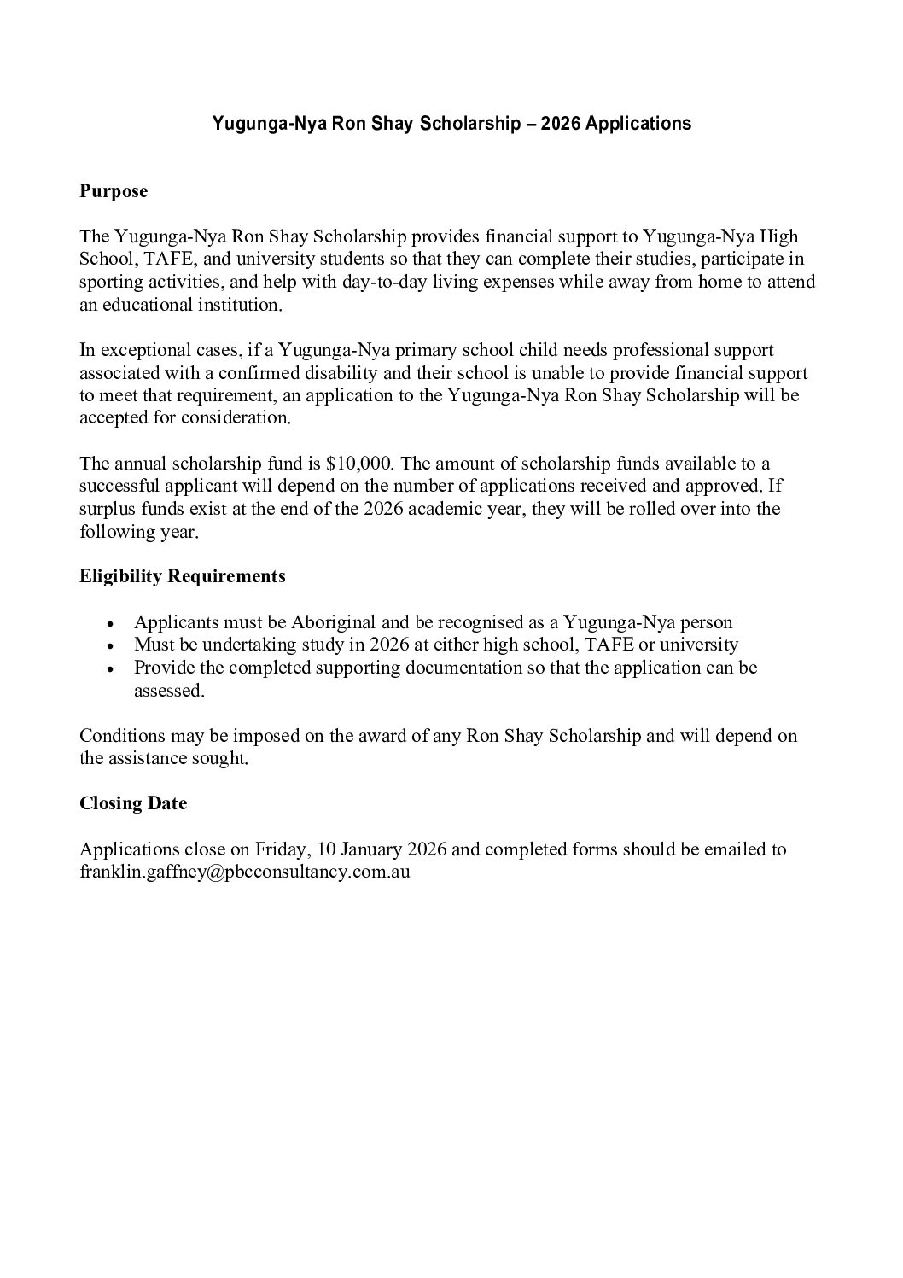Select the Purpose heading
click(x=114, y=191)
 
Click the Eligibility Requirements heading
click(x=183, y=576)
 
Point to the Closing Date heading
click(x=133, y=803)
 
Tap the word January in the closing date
click(x=370, y=849)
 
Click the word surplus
click(x=108, y=510)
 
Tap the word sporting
click(x=110, y=282)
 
